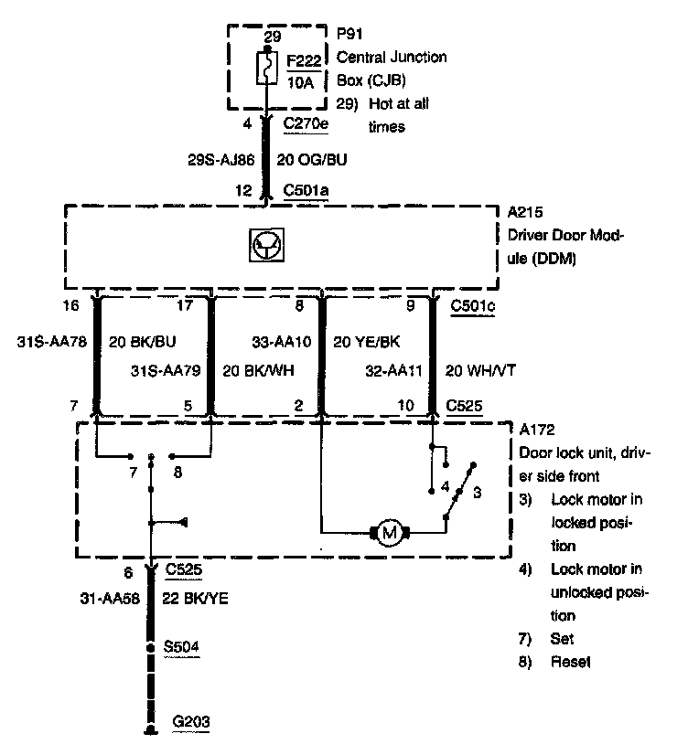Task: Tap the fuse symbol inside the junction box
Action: coord(266,67)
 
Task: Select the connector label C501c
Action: coord(474,305)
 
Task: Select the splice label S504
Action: coord(181,647)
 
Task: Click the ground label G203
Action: coord(190,722)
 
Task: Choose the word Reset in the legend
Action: coord(572,662)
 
